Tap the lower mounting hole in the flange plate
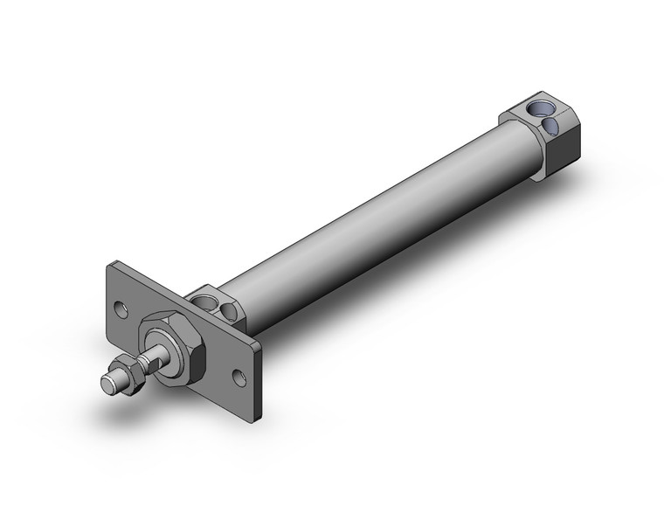[x=239, y=378]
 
